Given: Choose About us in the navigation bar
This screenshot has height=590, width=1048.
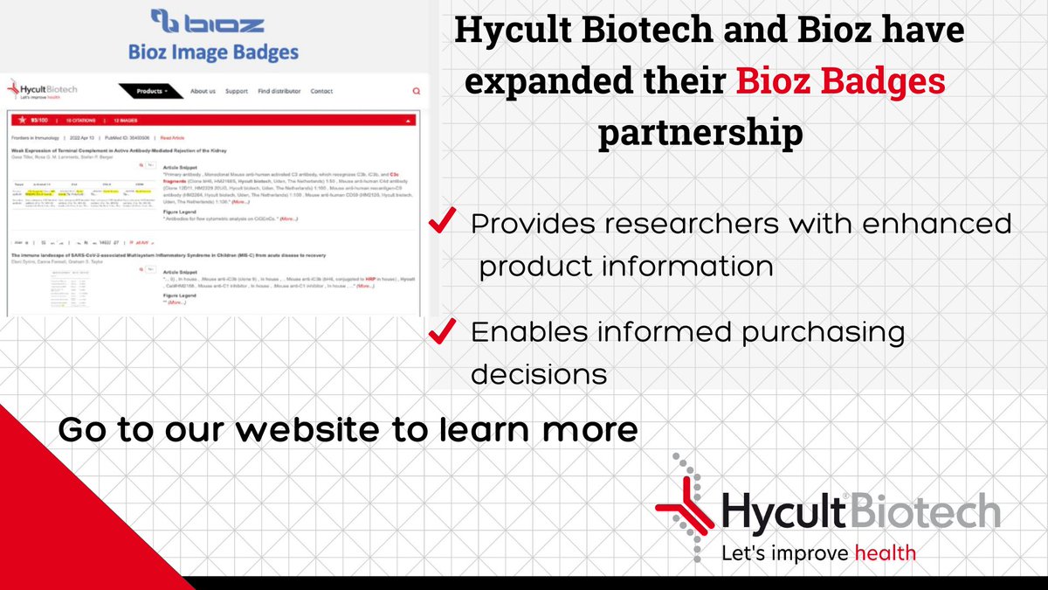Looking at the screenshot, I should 203,91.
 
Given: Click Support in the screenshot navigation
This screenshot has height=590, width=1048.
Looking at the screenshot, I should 237,91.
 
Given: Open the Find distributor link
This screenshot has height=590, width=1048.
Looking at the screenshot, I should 279,91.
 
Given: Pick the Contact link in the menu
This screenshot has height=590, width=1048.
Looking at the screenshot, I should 321,91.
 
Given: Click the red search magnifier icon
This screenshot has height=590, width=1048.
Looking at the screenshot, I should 416,91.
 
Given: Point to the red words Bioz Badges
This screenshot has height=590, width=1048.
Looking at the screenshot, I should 840,82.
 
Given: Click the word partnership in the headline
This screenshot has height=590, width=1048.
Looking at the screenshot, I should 701,133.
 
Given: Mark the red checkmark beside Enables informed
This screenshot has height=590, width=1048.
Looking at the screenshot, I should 444,332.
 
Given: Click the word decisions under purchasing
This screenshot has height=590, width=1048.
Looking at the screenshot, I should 539,374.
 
